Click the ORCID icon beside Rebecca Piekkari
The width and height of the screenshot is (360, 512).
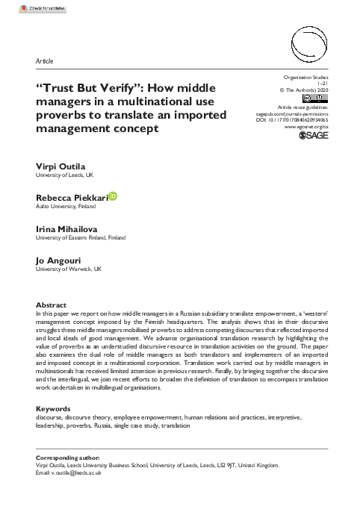tap(114, 196)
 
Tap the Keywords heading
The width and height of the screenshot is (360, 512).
tap(54, 408)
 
